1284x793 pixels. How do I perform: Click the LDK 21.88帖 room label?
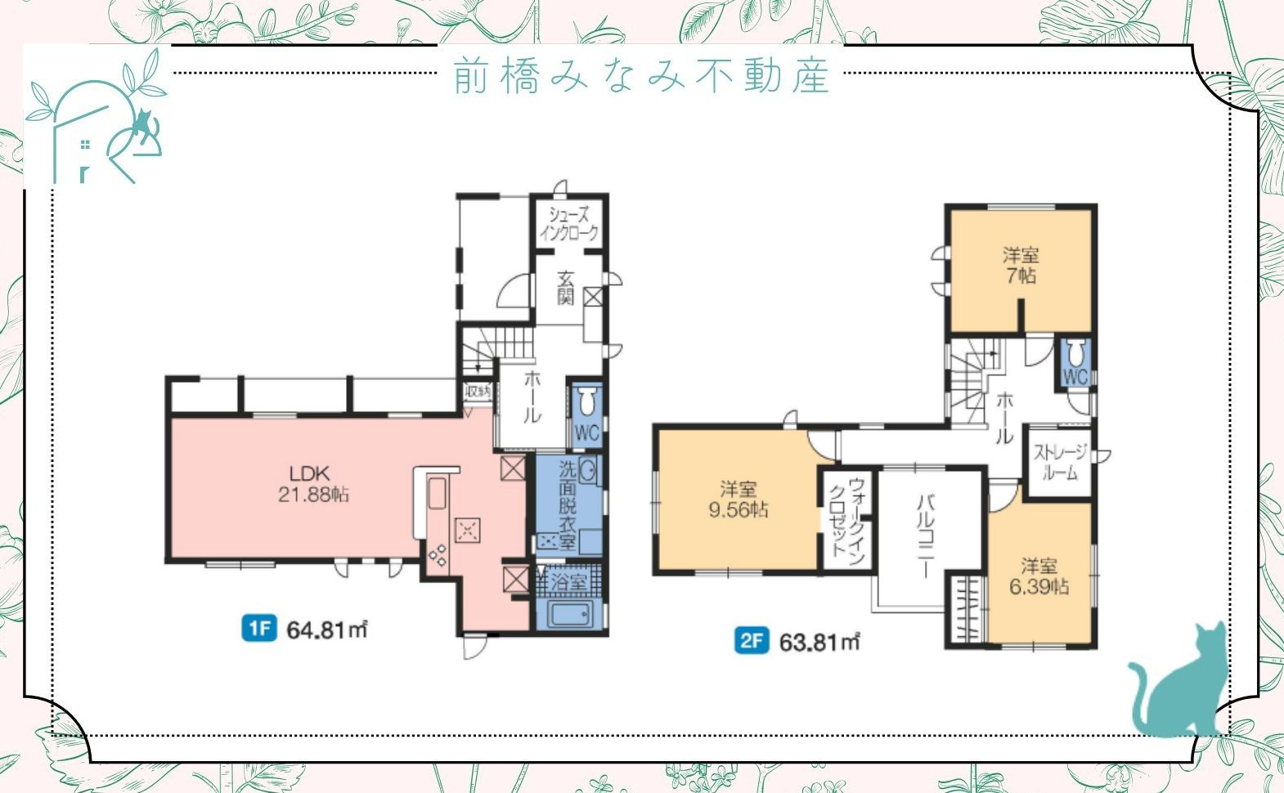[x=313, y=484]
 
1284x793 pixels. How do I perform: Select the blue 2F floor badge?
[x=751, y=641]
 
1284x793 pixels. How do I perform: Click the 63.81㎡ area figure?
[x=819, y=642]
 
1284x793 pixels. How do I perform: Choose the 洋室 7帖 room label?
[x=1020, y=265]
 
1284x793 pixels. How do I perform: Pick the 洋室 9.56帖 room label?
[x=738, y=500]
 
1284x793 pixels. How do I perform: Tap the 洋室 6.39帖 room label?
[x=1039, y=576]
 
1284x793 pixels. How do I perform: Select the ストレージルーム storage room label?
[x=1061, y=462]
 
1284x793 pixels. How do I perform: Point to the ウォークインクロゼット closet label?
[x=846, y=517]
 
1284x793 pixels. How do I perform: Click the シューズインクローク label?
[x=568, y=223]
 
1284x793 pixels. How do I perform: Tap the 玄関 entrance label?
[x=565, y=288]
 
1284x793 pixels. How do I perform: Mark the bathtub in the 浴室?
[x=570, y=614]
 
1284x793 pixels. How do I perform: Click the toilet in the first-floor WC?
[x=586, y=402]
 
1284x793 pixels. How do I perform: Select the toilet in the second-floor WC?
[x=1075, y=353]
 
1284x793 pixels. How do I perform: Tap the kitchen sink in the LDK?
[x=437, y=494]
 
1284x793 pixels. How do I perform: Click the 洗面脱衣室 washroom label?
[x=568, y=505]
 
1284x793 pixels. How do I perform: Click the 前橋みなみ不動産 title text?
[x=641, y=75]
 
